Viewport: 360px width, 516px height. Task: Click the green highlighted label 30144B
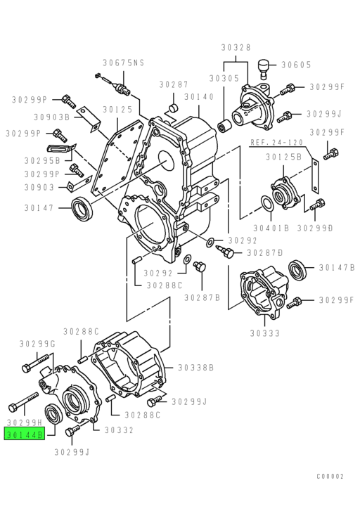coord(25,435)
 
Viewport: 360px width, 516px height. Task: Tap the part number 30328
coord(236,47)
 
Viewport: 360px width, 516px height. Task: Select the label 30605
coord(296,65)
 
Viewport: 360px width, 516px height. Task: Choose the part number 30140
coord(199,97)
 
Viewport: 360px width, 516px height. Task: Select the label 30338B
coord(195,367)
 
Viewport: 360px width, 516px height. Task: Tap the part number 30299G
coord(37,343)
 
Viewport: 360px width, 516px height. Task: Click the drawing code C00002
coord(329,476)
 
